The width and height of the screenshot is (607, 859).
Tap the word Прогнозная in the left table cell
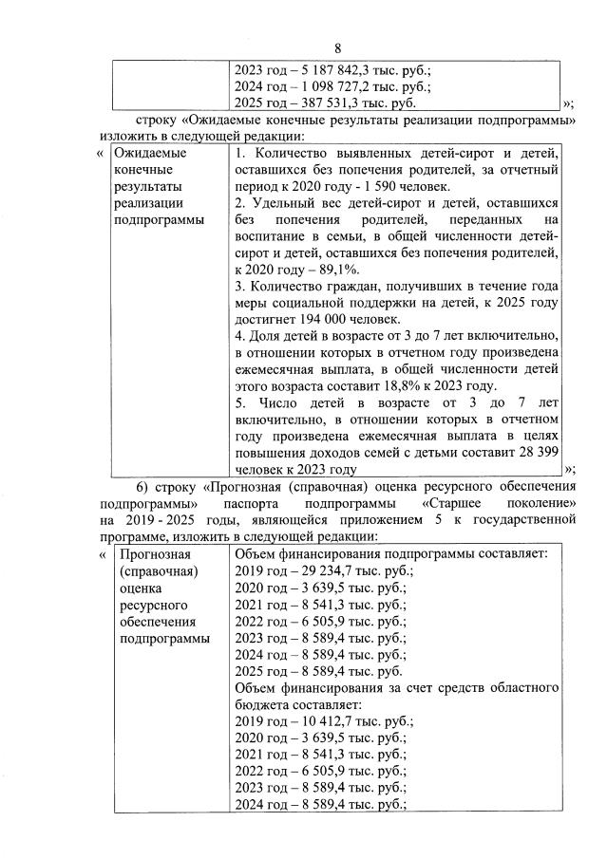point(151,554)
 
